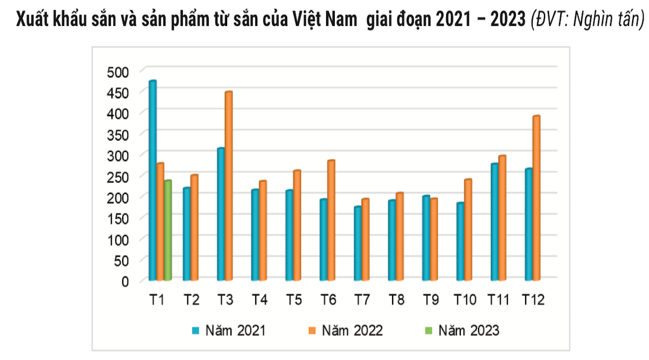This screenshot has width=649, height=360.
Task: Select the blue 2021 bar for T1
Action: point(153,181)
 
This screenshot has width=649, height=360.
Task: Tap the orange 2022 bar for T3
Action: point(228,186)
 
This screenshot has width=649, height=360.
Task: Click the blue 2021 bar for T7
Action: point(357,243)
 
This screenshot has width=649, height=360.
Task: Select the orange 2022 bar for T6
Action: point(331,220)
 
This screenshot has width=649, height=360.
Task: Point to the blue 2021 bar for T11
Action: point(494,222)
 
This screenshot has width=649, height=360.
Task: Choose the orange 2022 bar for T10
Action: point(468,230)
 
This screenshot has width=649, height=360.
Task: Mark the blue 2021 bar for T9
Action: point(426,238)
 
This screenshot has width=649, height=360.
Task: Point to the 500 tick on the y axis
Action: point(118,72)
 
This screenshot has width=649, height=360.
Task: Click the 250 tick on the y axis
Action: point(118,176)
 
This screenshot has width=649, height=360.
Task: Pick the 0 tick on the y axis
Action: point(125,281)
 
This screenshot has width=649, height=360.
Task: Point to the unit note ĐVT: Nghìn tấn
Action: point(587,20)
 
